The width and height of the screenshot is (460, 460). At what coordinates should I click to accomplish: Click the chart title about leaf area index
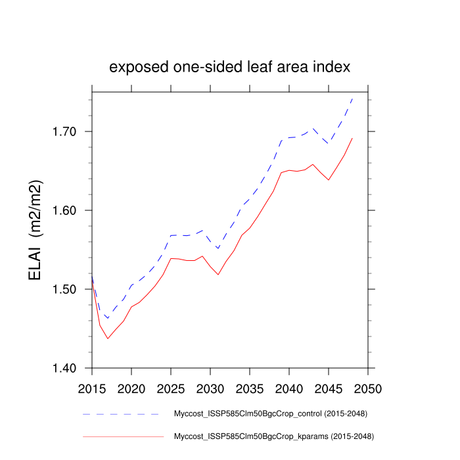click(230, 68)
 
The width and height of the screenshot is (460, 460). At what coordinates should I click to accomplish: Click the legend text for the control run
click(270, 414)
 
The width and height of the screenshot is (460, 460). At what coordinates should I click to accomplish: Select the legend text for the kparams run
click(273, 436)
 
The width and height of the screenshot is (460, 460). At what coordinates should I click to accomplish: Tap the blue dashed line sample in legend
click(122, 415)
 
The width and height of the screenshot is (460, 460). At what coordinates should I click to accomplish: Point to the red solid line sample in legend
click(122, 436)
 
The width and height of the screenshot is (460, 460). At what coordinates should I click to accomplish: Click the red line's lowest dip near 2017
click(108, 338)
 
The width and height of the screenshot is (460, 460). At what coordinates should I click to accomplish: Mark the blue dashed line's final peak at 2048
click(352, 99)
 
